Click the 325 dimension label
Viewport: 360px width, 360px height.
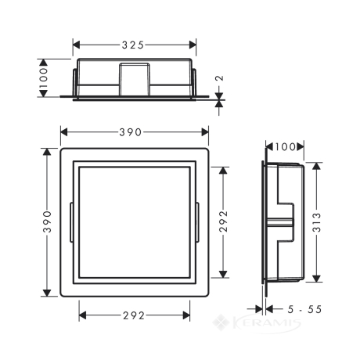point(133,45)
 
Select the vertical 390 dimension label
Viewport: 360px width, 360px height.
point(47,221)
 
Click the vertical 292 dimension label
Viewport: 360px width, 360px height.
point(223,221)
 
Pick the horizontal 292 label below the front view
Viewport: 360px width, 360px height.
point(134,315)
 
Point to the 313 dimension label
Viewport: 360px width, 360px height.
point(316,222)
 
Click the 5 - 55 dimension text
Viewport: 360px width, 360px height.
point(304,309)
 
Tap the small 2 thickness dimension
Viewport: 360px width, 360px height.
point(221,78)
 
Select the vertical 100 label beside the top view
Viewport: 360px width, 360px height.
point(43,77)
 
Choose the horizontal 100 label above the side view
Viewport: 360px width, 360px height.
point(285,147)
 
